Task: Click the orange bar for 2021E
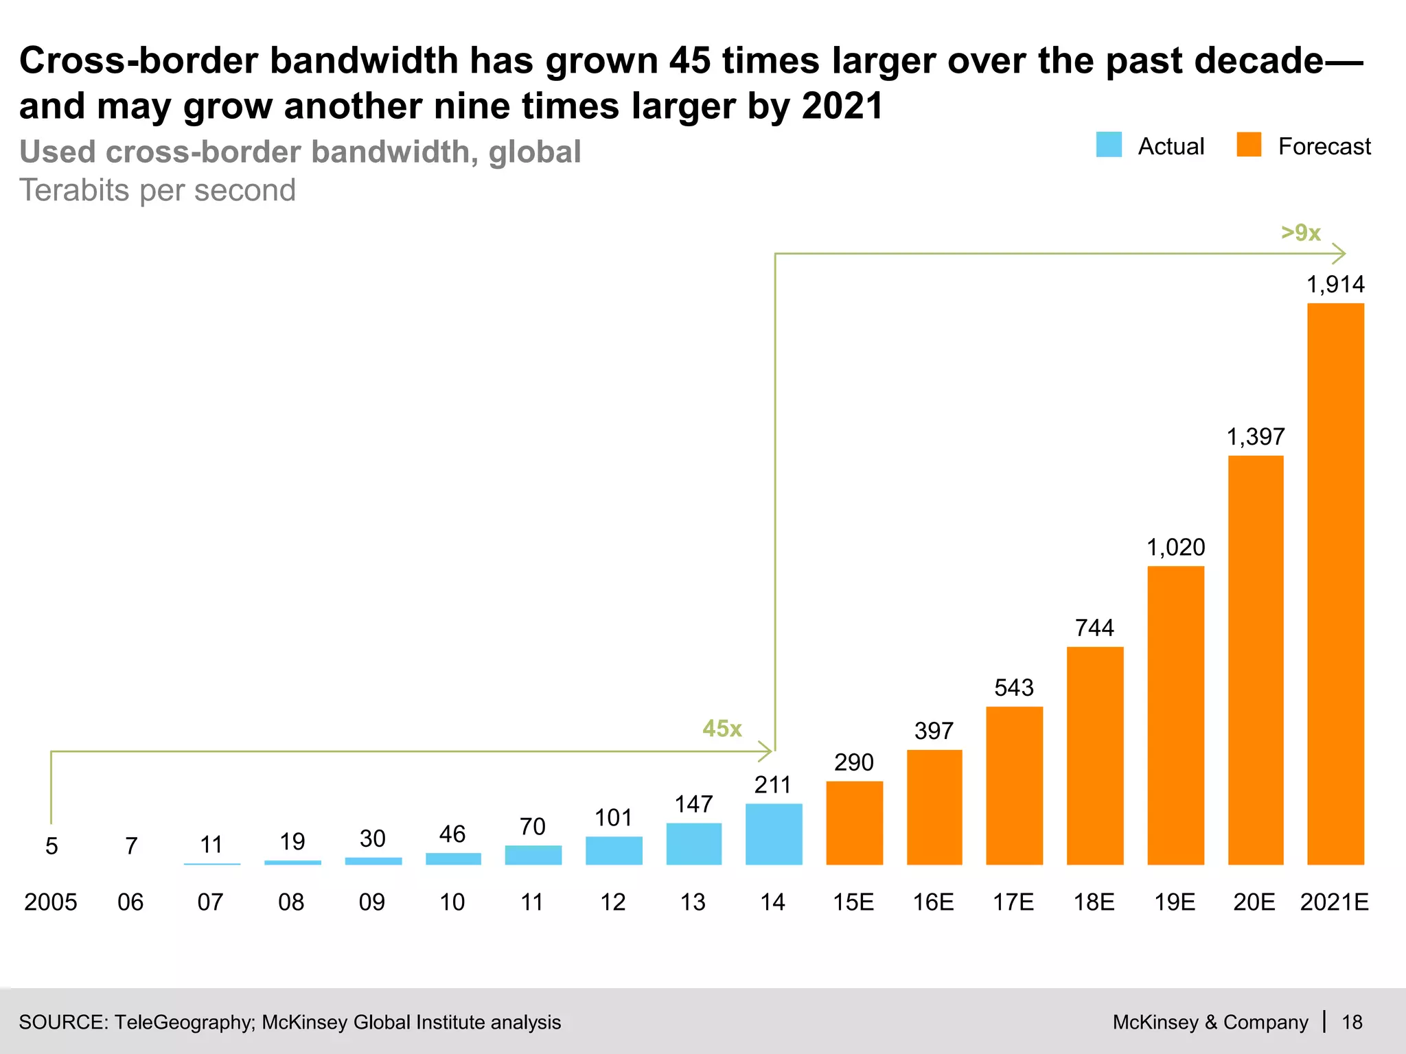pos(1335,583)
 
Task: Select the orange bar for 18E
pos(1095,755)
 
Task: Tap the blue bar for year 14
pos(774,834)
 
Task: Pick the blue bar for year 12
pos(614,850)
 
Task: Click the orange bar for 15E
pos(854,823)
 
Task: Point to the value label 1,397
pos(1256,436)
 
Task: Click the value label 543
pos(1014,688)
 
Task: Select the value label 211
pos(773,784)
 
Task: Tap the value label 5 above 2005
pos(51,846)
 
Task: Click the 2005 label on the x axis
pos(51,902)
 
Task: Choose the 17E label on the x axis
pos(1013,902)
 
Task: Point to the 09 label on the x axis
pos(372,902)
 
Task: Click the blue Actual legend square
pos(1109,145)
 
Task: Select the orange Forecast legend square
pos(1249,145)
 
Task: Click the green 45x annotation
pos(722,728)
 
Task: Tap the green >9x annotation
pos(1301,233)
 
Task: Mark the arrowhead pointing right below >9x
pos(1339,254)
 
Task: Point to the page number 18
pos(1352,1022)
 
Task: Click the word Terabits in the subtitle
pos(73,190)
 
